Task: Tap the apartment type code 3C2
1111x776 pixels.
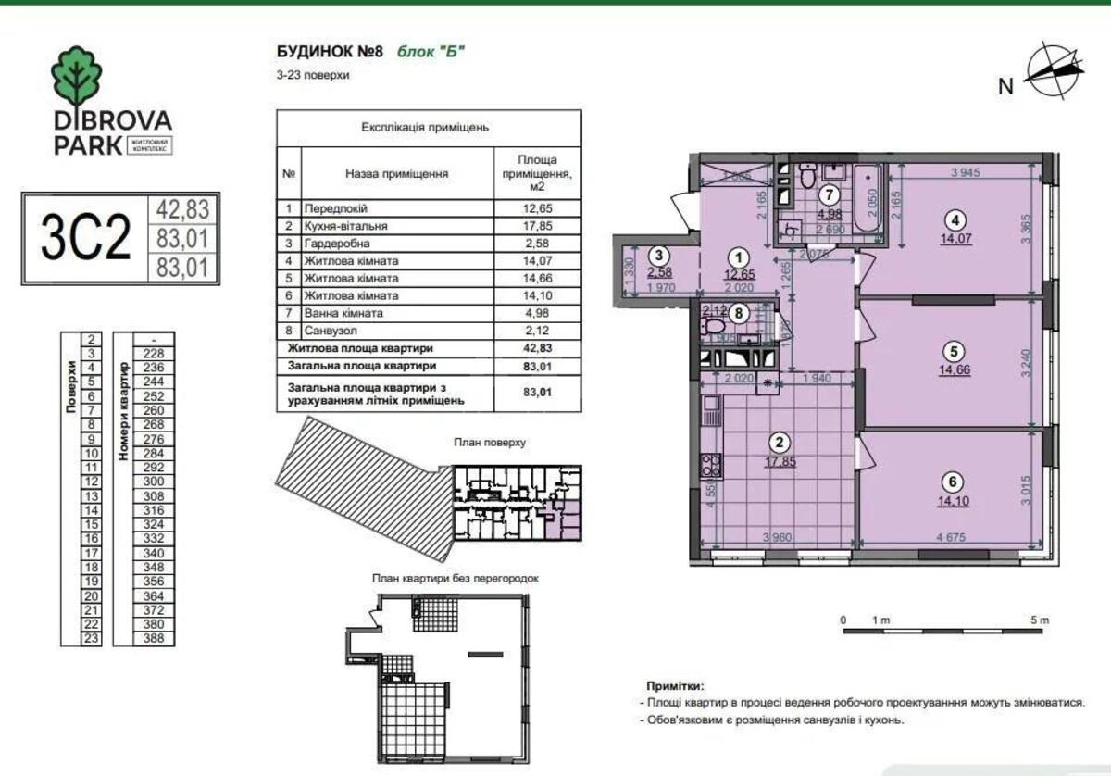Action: point(84,237)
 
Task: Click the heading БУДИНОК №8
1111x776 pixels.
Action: point(329,51)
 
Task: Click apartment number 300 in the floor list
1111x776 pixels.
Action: point(153,482)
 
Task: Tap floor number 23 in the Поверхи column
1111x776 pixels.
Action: point(93,637)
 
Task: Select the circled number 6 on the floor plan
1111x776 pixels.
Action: point(954,481)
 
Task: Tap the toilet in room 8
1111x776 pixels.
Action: point(713,326)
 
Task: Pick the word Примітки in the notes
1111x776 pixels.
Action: point(676,687)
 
